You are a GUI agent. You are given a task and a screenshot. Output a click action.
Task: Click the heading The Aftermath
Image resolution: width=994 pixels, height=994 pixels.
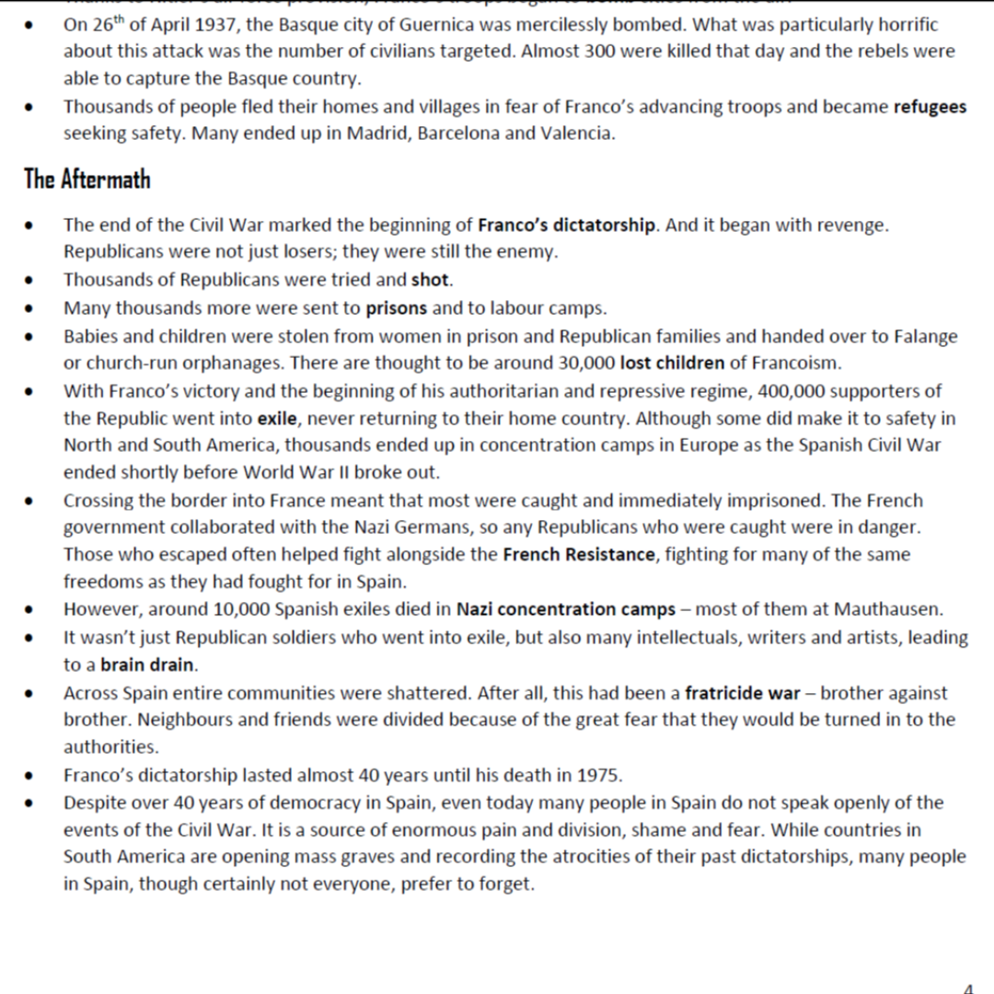click(87, 179)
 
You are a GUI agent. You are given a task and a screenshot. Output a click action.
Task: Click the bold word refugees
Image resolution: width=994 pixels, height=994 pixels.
click(930, 107)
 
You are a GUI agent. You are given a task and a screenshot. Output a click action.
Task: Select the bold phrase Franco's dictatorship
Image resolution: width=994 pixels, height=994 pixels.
click(567, 225)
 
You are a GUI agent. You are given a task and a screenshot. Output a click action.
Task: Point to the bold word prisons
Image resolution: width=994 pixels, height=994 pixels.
click(397, 307)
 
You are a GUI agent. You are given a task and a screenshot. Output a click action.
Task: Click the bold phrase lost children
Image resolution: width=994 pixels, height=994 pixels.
click(672, 363)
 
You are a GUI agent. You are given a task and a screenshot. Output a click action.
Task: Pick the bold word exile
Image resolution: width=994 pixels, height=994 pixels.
click(277, 419)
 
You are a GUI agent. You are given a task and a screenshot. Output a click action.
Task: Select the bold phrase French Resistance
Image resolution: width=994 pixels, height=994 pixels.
click(579, 555)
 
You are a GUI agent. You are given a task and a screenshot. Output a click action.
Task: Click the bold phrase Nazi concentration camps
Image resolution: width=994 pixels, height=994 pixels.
click(566, 609)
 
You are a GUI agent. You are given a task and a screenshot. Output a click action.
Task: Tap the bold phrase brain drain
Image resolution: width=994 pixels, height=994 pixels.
click(148, 665)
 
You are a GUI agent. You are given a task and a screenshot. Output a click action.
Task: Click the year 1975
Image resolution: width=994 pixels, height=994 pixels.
click(598, 775)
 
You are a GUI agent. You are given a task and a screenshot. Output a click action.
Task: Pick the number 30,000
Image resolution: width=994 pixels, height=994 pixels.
click(586, 363)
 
